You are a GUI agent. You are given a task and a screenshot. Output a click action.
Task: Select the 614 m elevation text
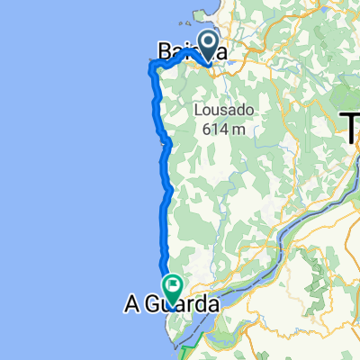pos(224,129)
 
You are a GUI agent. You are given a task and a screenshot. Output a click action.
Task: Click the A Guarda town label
pos(170,307)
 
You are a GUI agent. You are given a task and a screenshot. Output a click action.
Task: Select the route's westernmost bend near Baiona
pos(151,64)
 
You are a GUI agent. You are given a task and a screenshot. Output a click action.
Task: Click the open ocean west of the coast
pos(63,180)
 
